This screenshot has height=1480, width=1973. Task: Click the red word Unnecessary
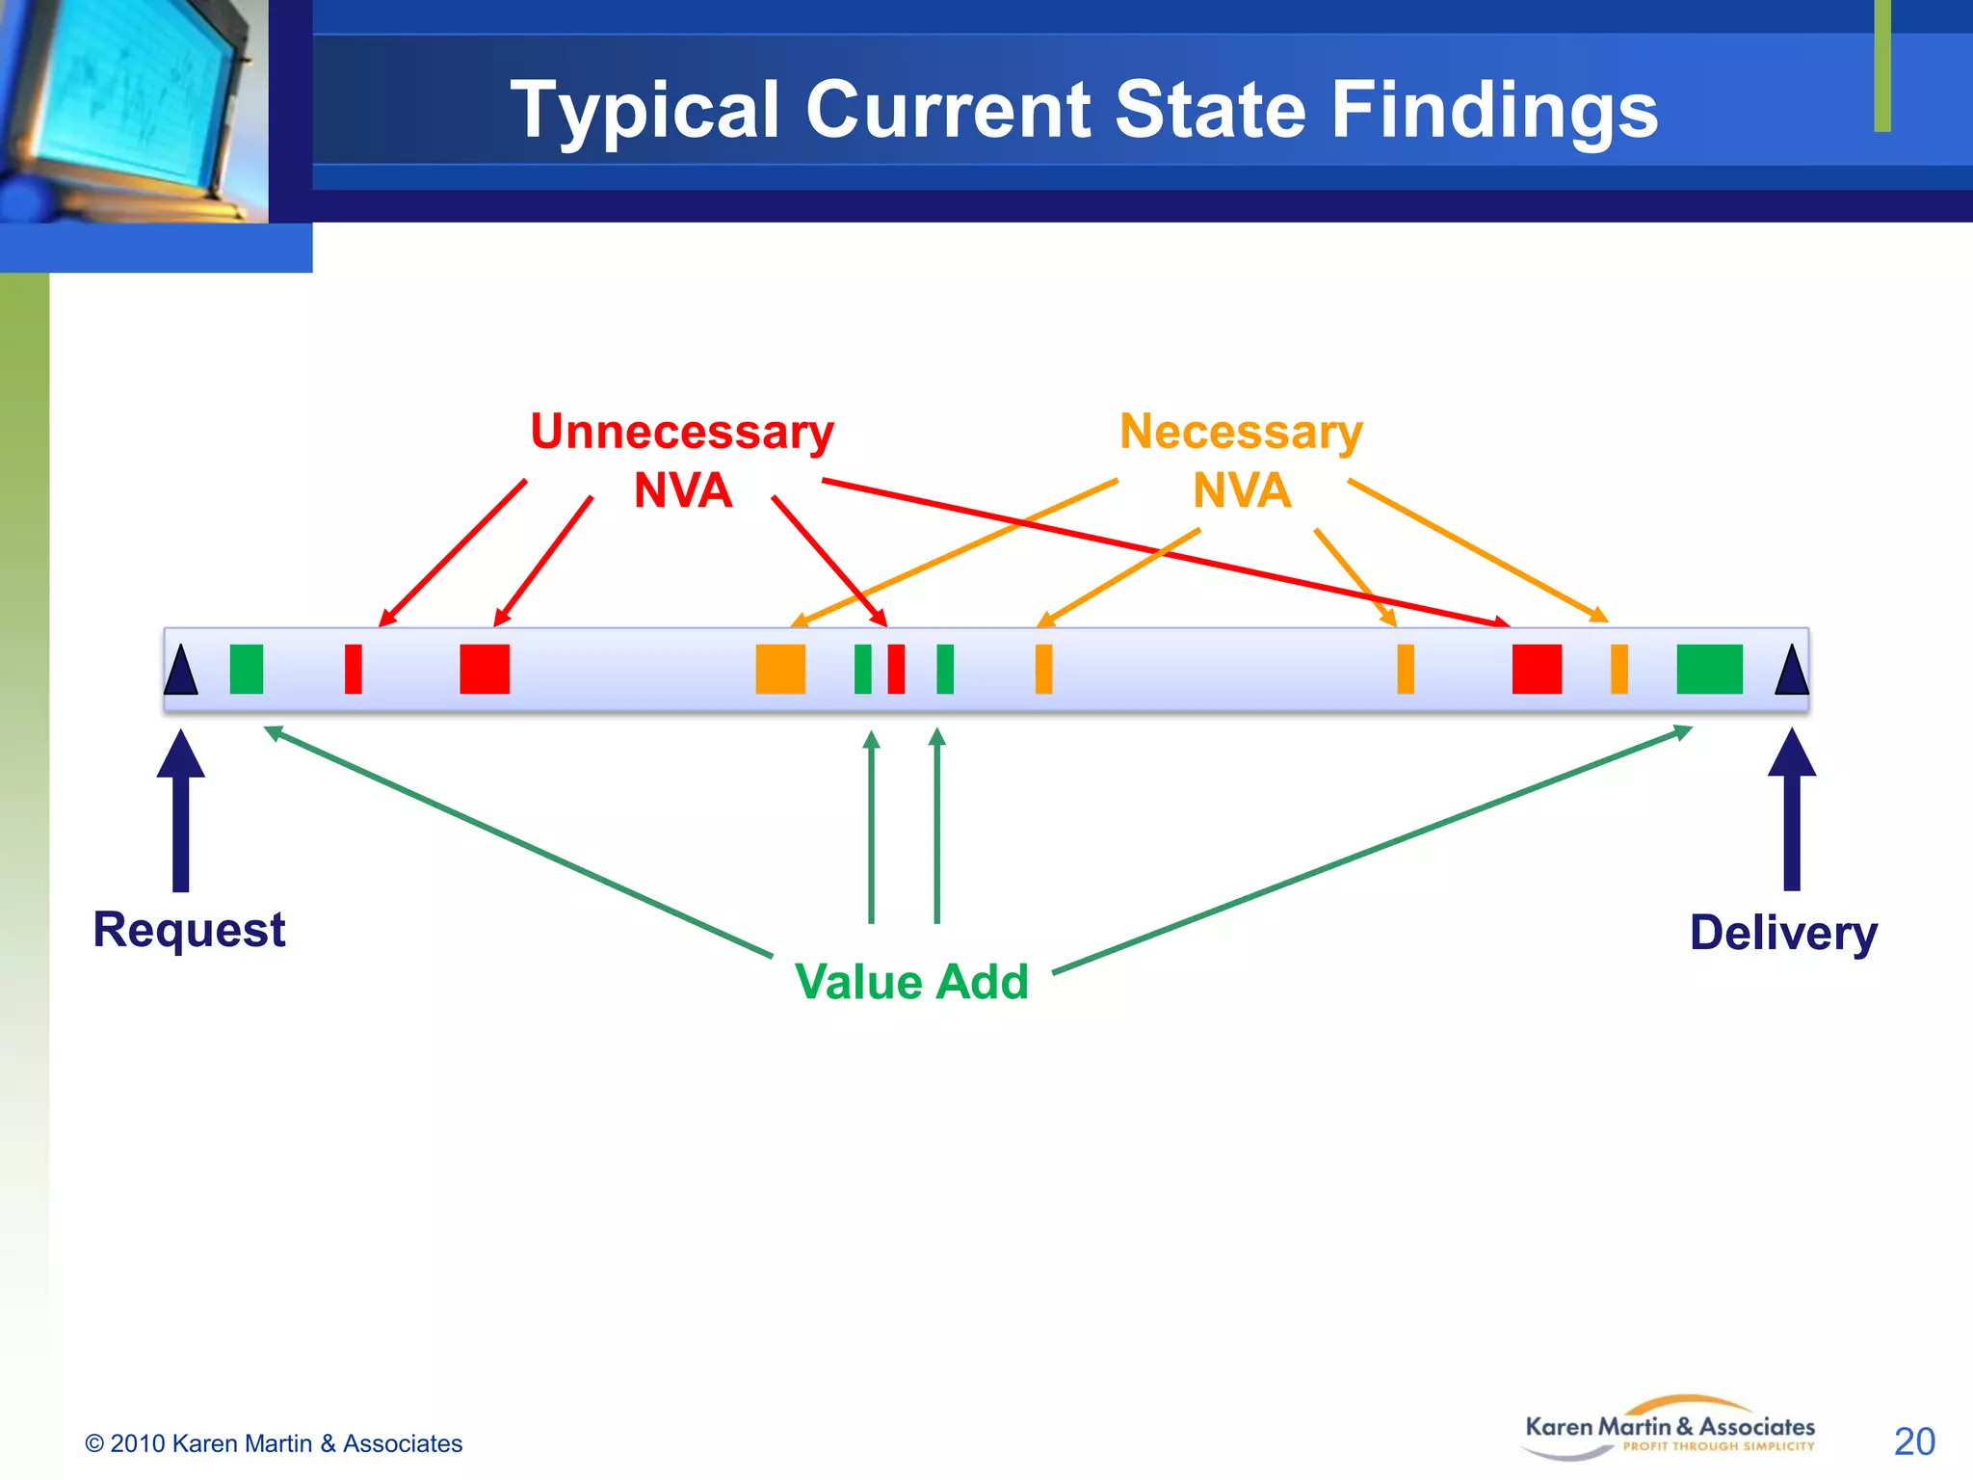pyautogui.click(x=681, y=432)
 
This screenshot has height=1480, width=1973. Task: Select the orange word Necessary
pyautogui.click(x=1241, y=432)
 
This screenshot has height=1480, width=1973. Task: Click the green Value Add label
pyautogui.click(x=911, y=982)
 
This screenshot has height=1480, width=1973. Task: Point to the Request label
pyautogui.click(x=189, y=930)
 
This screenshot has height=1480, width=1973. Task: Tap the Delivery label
pyautogui.click(x=1783, y=933)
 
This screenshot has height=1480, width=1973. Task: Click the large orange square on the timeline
pyautogui.click(x=780, y=669)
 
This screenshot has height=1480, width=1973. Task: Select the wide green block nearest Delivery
pyautogui.click(x=1709, y=669)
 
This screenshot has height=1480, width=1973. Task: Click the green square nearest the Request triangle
pyautogui.click(x=247, y=669)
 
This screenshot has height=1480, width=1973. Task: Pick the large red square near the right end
pyautogui.click(x=1537, y=669)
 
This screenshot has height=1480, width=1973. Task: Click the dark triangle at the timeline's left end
pyautogui.click(x=180, y=672)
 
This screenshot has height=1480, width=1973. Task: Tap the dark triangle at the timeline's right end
pyautogui.click(x=1791, y=672)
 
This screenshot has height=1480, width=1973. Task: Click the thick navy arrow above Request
pyautogui.click(x=180, y=809)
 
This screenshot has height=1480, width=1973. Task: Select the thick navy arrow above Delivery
pyautogui.click(x=1791, y=809)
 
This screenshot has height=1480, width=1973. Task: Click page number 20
pyautogui.click(x=1913, y=1441)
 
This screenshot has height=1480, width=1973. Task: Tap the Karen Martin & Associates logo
pyautogui.click(x=1670, y=1428)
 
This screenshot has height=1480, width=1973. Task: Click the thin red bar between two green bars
pyautogui.click(x=896, y=669)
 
